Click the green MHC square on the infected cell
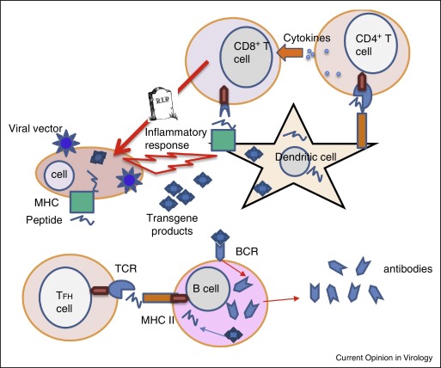pyautogui.click(x=83, y=203)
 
